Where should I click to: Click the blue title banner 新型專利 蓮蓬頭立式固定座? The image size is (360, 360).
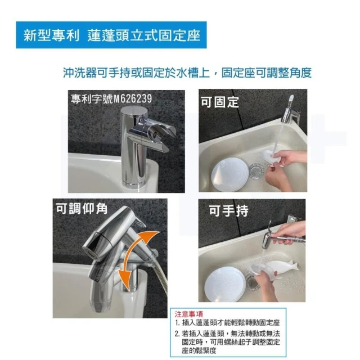click(x=111, y=35)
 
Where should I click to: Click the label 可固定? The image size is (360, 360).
click(x=220, y=102)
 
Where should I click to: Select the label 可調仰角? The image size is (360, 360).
click(x=82, y=209)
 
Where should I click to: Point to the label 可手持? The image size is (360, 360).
click(x=229, y=210)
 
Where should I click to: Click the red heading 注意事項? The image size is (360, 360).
click(x=189, y=314)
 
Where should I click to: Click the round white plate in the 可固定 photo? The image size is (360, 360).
click(x=230, y=174)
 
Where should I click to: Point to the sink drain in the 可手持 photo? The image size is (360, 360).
click(x=253, y=282)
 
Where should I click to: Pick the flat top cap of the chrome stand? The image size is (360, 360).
click(x=134, y=111)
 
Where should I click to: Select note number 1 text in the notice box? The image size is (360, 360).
click(x=227, y=323)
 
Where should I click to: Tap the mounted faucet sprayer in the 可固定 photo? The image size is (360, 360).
click(x=290, y=111)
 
